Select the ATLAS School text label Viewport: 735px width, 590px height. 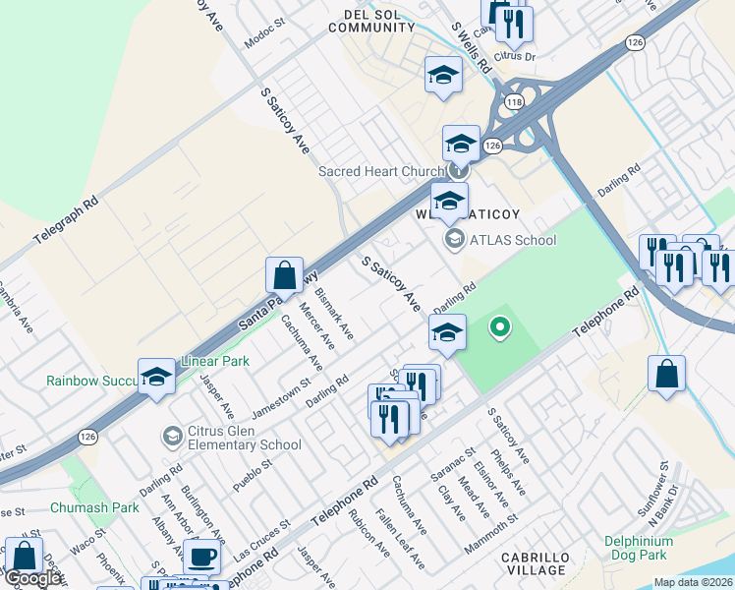tap(512, 240)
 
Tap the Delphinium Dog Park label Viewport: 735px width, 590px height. tap(639, 548)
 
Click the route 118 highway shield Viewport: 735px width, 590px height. tap(513, 102)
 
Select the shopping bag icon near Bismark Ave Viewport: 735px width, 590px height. tap(284, 274)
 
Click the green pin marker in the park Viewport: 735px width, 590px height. tap(500, 327)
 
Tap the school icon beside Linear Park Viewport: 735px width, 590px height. tap(156, 376)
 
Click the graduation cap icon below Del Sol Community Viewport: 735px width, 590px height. tap(443, 75)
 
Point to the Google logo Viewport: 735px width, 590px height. tap(32, 578)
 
